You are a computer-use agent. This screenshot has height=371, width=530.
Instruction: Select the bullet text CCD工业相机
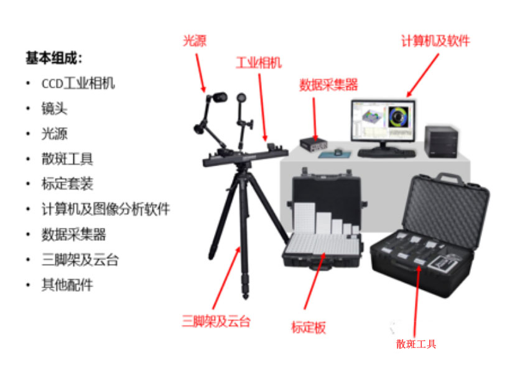78,83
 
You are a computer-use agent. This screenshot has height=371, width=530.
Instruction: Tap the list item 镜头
54,108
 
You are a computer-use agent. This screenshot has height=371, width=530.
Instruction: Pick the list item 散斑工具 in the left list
67,159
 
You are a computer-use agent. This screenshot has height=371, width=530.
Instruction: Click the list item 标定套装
67,184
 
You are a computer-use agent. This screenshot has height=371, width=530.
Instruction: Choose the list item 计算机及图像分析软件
106,209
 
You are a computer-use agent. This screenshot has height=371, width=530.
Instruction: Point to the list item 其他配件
67,285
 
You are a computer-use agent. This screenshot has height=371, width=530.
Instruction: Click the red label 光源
195,40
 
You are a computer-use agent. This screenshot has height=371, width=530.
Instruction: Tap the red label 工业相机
259,63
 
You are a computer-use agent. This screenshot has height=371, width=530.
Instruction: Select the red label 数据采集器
328,85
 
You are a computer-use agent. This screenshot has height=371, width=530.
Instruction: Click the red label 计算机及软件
435,41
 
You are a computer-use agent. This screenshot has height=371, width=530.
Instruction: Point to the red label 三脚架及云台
216,321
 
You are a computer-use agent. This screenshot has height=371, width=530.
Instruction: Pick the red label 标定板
309,327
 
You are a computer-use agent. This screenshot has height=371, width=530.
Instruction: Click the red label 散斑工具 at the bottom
416,344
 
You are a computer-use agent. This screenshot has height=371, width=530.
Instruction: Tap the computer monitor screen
383,120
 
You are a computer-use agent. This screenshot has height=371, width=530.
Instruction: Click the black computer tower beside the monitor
441,141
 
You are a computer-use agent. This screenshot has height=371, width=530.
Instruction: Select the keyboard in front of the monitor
387,154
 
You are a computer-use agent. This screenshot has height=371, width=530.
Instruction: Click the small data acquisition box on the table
314,144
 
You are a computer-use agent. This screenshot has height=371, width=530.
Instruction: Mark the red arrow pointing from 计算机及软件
422,75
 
